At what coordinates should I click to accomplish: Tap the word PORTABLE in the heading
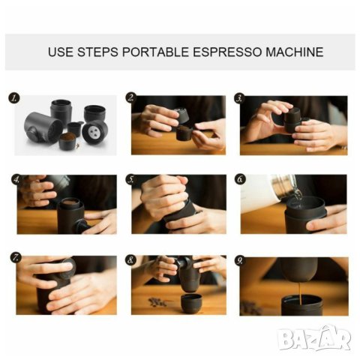155,52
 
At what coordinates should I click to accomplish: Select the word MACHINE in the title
295,52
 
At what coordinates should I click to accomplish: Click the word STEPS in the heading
97,52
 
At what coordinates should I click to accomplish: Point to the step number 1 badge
14,97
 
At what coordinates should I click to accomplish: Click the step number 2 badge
131,97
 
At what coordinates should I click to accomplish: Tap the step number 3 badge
239,97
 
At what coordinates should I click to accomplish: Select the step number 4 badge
16,179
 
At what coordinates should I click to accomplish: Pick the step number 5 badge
131,179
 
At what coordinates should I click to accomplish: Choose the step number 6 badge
240,179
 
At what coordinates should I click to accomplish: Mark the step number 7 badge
16,257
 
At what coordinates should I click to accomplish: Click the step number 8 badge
130,260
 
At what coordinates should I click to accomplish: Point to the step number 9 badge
240,260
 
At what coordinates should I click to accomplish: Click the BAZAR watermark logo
314,338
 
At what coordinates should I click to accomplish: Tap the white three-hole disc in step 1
95,131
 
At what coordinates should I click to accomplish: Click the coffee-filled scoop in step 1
67,141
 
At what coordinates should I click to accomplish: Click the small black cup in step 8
191,303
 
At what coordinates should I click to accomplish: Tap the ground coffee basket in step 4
70,202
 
